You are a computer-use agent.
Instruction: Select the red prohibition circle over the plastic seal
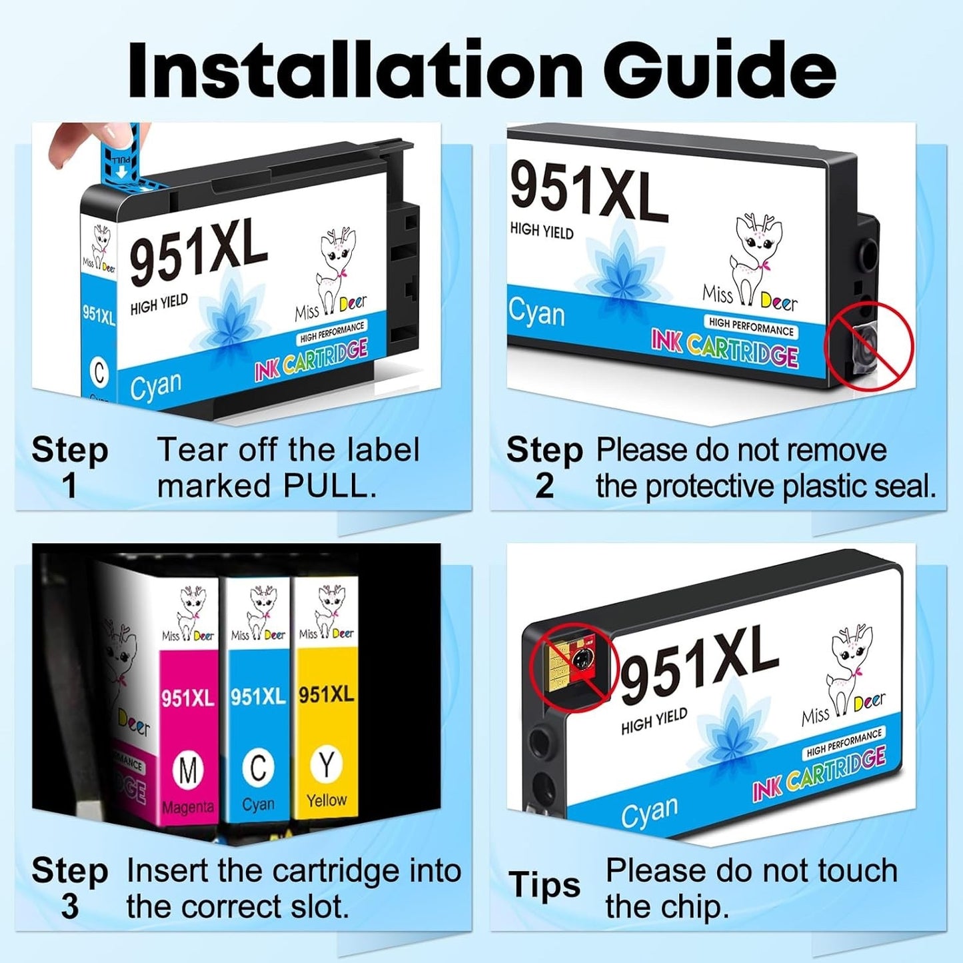click(869, 347)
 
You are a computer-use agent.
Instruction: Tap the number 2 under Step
click(544, 486)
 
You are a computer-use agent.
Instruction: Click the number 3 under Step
click(69, 907)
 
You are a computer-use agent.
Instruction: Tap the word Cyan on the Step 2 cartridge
click(536, 313)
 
